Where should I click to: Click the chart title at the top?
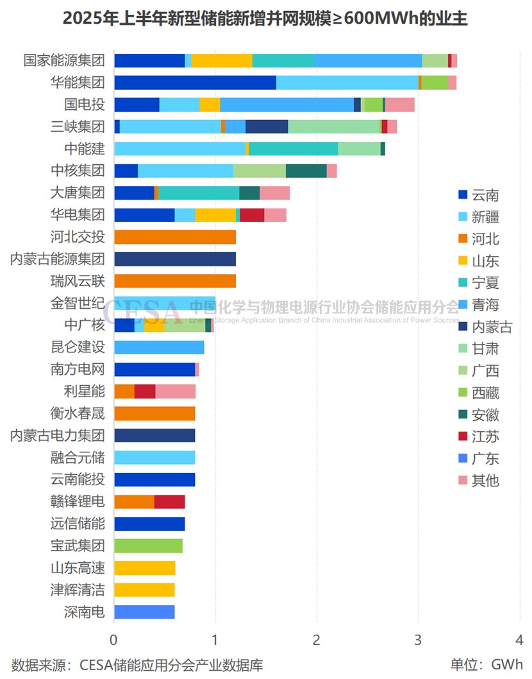[x=265, y=19]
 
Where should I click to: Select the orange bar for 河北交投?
[x=175, y=237]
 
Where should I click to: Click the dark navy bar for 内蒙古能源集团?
[x=175, y=259]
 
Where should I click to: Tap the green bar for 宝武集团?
[x=148, y=546]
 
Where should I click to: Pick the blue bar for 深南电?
[x=144, y=612]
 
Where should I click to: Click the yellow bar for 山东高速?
[x=144, y=568]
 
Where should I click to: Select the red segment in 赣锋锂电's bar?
[x=169, y=502]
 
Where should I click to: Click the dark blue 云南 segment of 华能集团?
[x=195, y=83]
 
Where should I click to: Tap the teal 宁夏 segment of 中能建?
[x=293, y=149]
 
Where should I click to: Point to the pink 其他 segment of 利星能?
[x=175, y=391]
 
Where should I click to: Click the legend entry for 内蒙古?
[x=485, y=327]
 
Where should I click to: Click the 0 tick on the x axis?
[x=114, y=640]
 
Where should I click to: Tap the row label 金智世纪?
[x=78, y=303]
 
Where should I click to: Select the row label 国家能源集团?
[x=63, y=61]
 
